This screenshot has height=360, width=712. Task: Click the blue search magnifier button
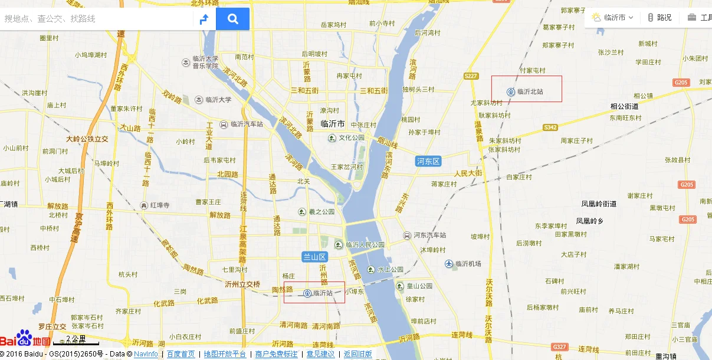(x=232, y=19)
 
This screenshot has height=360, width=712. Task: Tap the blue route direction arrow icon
(x=204, y=19)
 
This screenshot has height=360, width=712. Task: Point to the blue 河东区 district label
(x=428, y=161)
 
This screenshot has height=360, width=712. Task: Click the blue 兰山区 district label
(x=314, y=257)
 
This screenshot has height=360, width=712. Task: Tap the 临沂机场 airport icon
(x=449, y=264)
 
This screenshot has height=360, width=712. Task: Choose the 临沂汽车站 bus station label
(x=247, y=125)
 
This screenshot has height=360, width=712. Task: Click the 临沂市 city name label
(x=332, y=124)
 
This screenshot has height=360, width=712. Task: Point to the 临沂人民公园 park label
(x=365, y=244)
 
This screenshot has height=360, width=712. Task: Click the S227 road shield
(x=470, y=76)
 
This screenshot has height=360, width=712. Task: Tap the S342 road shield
(x=550, y=127)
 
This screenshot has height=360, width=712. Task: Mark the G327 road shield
(x=558, y=346)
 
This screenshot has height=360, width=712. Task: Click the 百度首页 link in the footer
(x=181, y=354)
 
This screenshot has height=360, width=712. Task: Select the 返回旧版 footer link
(x=357, y=354)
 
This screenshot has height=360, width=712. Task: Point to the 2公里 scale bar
(x=76, y=341)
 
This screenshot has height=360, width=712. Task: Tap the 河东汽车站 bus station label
(x=429, y=235)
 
